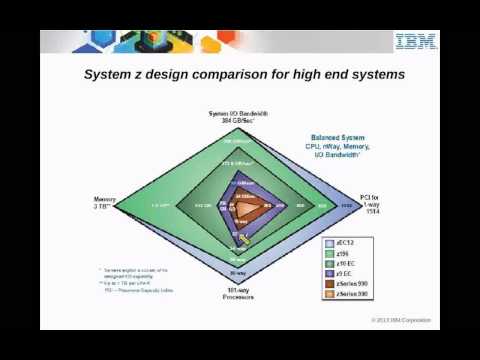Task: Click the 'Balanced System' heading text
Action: pyautogui.click(x=336, y=141)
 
